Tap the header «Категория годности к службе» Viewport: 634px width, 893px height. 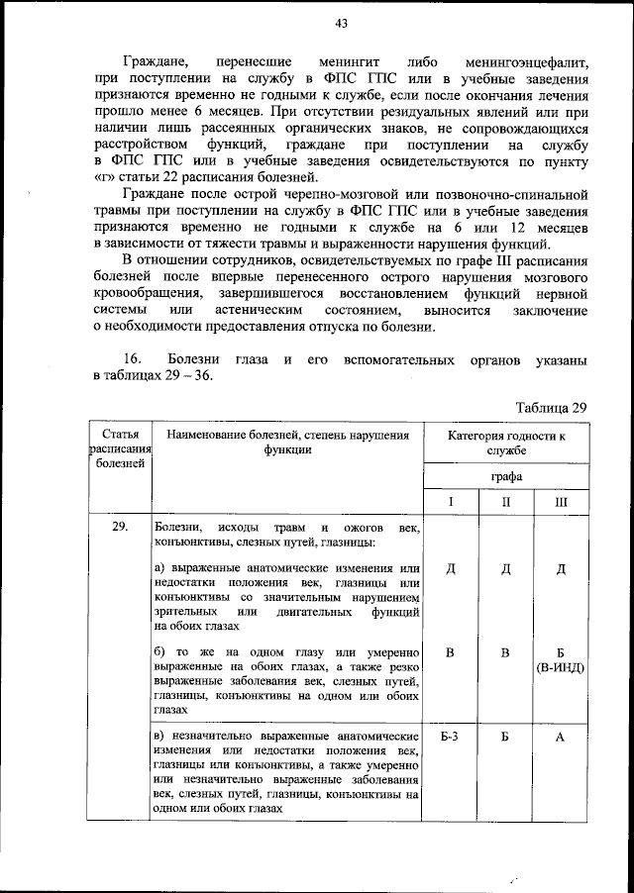click(x=506, y=443)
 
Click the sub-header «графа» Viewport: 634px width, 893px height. click(x=506, y=476)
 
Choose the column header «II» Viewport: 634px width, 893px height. click(x=506, y=503)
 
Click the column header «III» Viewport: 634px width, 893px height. click(x=561, y=503)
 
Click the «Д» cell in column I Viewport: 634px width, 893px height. click(x=450, y=568)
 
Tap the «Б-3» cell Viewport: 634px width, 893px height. click(x=450, y=738)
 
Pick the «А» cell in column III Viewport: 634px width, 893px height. click(x=561, y=738)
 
